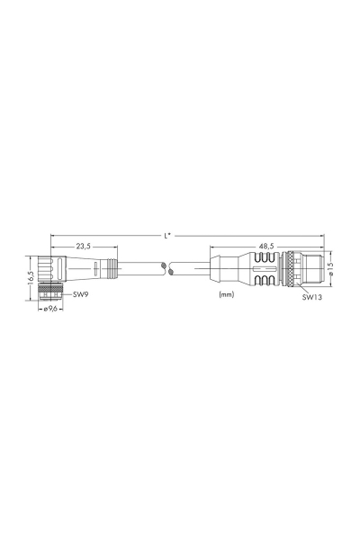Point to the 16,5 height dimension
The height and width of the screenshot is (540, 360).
[x=30, y=274]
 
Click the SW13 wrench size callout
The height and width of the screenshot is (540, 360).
[x=312, y=295]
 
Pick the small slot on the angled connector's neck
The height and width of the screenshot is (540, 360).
[x=60, y=267]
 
